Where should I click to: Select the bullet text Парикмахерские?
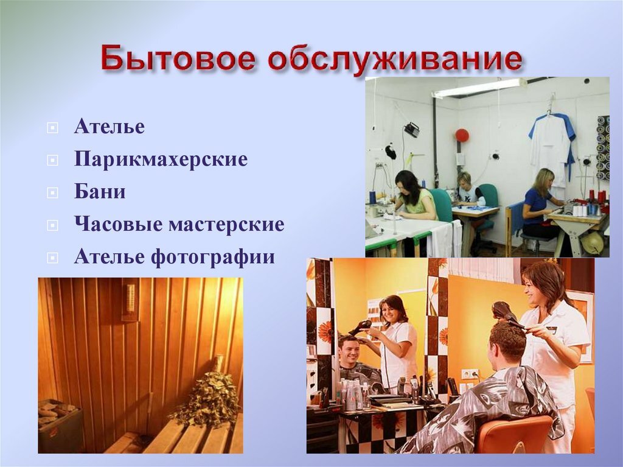coord(161,159)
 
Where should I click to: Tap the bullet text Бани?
coord(100,191)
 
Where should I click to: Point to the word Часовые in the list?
coord(119,224)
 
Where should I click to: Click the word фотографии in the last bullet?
coord(212,257)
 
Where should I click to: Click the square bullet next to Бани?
coord(52,193)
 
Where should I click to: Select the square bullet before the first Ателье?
coord(52,128)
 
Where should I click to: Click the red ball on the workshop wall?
coord(462,135)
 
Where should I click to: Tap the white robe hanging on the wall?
coord(552,149)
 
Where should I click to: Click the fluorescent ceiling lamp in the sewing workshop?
coord(480,88)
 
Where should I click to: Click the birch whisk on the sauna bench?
coord(205,392)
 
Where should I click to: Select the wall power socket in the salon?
coord(470,374)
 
